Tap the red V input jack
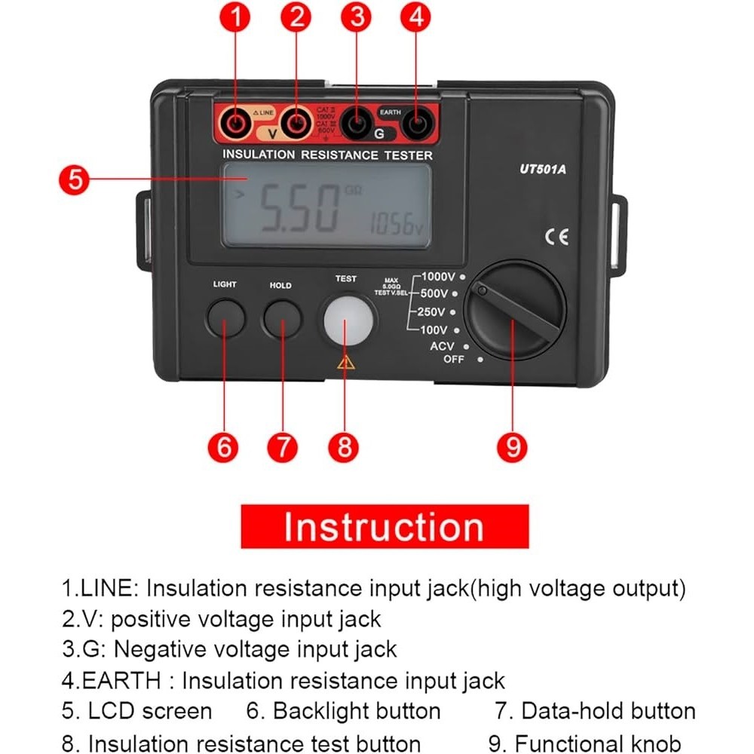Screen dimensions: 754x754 pos(298,122)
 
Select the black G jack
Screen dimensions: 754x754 pos(355,122)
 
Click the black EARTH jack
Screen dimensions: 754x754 pos(416,122)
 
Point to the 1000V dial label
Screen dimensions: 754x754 pos(438,276)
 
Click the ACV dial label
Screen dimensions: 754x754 pos(442,346)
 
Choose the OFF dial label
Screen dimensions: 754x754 pos(454,359)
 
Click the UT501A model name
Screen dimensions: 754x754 pos(542,170)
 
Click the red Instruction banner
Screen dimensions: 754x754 pos(385,526)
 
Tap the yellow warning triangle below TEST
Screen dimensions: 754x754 pos(346,362)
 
